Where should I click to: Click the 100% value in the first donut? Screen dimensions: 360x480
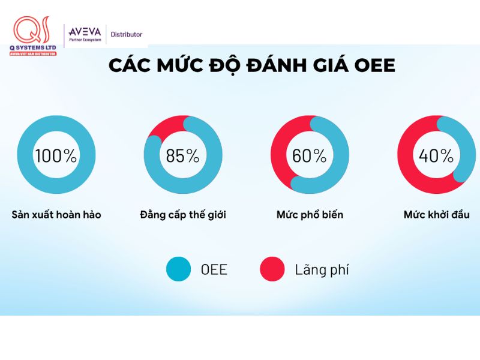56,156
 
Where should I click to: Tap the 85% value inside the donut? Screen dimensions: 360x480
182,156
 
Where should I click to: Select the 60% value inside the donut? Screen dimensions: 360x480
309,156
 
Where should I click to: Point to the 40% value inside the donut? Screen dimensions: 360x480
436,156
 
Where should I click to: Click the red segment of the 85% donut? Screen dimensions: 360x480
162,128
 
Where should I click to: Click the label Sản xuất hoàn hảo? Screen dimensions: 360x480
56,214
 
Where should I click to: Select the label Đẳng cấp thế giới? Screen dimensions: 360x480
182,214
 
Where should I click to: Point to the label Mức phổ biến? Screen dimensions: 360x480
310,214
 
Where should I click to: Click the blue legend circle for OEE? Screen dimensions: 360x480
178,269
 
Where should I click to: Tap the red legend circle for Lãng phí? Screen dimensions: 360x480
272,269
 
